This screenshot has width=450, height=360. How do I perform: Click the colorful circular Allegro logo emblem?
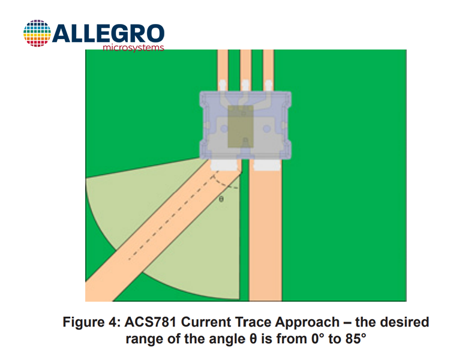tap(37, 34)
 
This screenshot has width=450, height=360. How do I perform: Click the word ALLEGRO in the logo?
tap(108, 34)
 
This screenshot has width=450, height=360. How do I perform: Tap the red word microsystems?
tap(133, 47)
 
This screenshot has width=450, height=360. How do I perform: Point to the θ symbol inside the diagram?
tap(221, 199)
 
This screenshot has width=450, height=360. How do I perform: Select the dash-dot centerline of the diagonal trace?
tap(172, 217)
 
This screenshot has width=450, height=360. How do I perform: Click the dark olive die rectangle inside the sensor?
tap(241, 127)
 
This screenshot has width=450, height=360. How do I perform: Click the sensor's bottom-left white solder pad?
tap(224, 165)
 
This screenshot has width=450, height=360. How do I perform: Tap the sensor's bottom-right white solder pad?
tap(267, 165)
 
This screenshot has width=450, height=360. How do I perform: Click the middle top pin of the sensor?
tap(245, 86)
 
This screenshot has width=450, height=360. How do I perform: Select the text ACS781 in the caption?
tap(150, 322)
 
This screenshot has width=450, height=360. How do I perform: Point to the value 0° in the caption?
tap(318, 339)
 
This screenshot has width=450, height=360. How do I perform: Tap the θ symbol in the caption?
tap(253, 339)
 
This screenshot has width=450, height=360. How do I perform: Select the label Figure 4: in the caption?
tap(92, 322)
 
